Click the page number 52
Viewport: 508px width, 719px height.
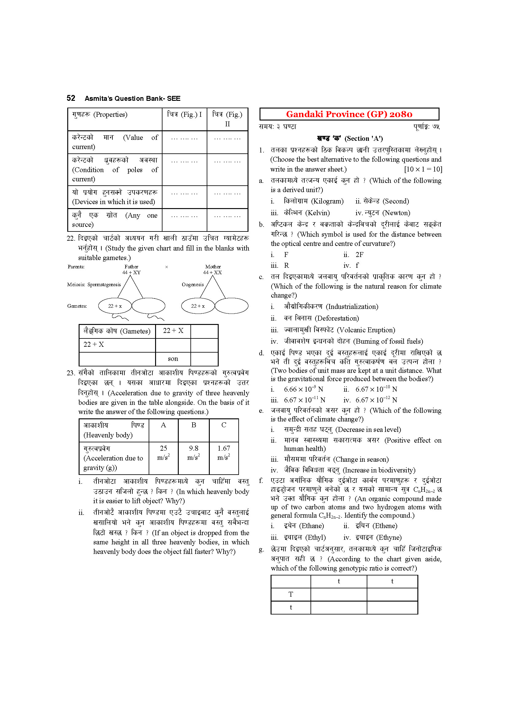(71, 98)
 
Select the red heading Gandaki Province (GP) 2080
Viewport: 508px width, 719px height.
(349, 114)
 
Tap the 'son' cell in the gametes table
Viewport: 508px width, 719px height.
(173, 359)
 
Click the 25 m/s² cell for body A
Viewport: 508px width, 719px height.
(163, 453)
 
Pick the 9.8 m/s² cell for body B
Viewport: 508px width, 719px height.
(193, 453)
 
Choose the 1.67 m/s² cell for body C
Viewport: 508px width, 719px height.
(224, 453)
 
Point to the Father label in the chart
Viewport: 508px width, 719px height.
(131, 267)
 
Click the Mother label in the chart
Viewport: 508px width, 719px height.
(213, 267)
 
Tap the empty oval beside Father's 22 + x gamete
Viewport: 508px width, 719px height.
(148, 306)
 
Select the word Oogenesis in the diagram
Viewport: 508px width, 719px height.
(192, 285)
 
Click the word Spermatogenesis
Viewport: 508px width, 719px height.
(104, 285)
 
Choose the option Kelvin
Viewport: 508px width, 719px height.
(307, 213)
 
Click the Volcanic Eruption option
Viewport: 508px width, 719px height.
(339, 330)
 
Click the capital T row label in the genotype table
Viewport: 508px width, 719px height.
(291, 595)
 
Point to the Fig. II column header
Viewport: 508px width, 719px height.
(227, 119)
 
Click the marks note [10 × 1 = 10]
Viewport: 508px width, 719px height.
(423, 169)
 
